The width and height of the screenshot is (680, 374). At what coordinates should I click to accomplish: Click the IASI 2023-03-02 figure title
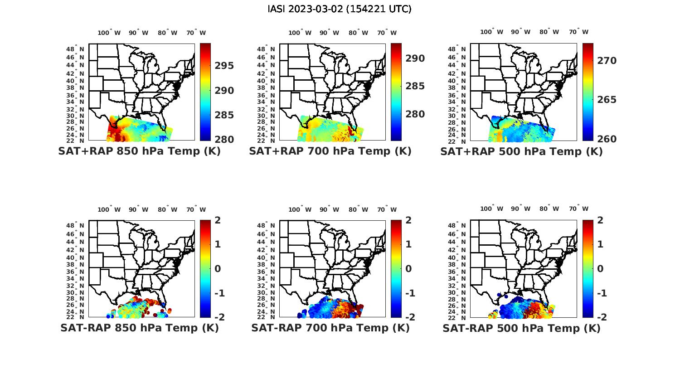(340, 9)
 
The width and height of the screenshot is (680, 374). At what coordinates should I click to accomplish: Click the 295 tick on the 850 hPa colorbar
(224, 66)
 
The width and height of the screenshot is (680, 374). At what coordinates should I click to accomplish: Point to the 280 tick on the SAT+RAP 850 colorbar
(224, 140)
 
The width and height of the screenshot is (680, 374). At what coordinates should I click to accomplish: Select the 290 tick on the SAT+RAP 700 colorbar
(415, 58)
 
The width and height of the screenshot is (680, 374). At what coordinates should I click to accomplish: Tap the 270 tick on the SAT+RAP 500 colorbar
(607, 61)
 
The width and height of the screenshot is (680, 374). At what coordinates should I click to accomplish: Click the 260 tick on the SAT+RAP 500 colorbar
(607, 139)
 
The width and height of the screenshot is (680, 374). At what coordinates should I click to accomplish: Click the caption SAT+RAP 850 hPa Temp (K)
(139, 151)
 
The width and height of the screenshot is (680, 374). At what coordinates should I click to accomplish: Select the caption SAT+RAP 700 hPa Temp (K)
(330, 151)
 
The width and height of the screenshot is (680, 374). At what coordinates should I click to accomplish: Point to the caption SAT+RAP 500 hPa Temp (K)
(521, 151)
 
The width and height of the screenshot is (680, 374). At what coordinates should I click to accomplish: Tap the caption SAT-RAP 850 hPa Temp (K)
(139, 328)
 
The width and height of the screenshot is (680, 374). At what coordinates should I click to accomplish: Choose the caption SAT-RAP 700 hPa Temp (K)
(330, 328)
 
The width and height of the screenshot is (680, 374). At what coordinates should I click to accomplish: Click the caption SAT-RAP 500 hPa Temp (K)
(521, 328)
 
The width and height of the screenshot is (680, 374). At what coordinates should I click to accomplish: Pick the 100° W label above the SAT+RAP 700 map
(300, 33)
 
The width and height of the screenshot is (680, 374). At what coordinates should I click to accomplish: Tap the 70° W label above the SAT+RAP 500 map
(579, 32)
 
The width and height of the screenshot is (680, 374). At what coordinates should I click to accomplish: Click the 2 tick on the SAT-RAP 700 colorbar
(408, 220)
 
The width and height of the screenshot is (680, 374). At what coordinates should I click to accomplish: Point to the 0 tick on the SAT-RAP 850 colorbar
(218, 268)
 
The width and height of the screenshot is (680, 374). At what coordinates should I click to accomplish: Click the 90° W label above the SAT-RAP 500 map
(520, 209)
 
